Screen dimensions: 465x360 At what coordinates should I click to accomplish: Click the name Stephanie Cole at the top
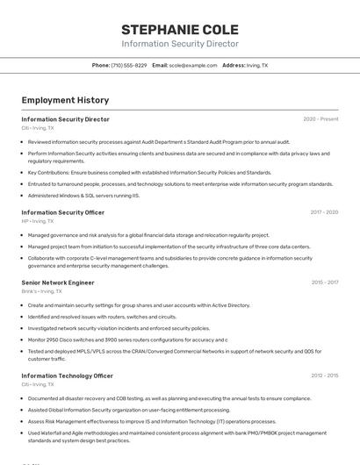pyautogui.click(x=179, y=30)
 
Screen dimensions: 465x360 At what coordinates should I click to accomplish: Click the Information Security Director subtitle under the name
pyautogui.click(x=179, y=44)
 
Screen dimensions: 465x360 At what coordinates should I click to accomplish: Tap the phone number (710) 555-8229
pyautogui.click(x=129, y=66)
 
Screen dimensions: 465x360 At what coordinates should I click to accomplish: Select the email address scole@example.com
pyautogui.click(x=193, y=66)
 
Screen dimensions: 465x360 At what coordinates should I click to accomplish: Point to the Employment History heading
pyautogui.click(x=65, y=100)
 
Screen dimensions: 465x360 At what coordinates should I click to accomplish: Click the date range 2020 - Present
pyautogui.click(x=320, y=119)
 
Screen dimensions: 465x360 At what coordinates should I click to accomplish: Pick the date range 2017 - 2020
pyautogui.click(x=324, y=212)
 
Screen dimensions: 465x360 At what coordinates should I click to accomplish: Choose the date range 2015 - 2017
pyautogui.click(x=324, y=283)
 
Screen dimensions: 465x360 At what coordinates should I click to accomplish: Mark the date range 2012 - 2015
pyautogui.click(x=324, y=376)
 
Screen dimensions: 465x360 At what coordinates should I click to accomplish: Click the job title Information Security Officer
pyautogui.click(x=62, y=212)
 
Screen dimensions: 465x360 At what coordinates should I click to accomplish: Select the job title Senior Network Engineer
pyautogui.click(x=57, y=283)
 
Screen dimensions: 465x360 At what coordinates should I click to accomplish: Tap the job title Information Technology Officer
pyautogui.click(x=67, y=376)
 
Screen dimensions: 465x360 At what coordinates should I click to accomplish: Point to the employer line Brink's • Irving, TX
pyautogui.click(x=44, y=291)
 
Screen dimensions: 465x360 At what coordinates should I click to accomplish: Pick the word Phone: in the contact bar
pyautogui.click(x=101, y=66)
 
